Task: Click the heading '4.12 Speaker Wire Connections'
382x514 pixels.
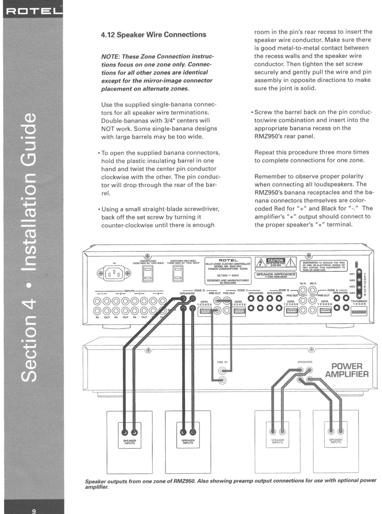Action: click(153, 35)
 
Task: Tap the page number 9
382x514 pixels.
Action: click(34, 511)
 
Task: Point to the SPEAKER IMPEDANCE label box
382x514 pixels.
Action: click(276, 275)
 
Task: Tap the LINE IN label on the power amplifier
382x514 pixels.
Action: click(222, 362)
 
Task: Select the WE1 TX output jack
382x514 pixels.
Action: click(359, 274)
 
